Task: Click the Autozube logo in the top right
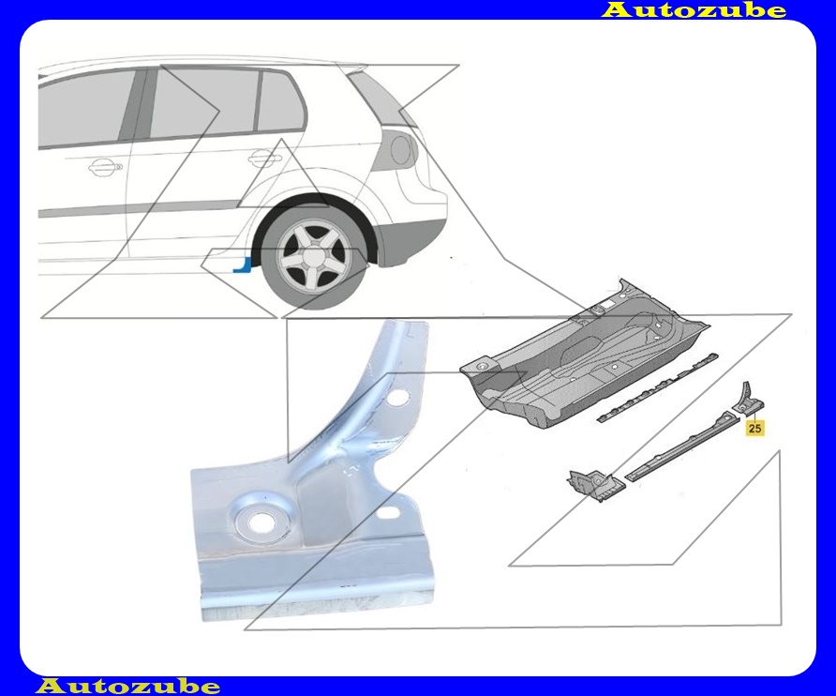point(694,9)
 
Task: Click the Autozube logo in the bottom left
point(128,686)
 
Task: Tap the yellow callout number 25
point(754,428)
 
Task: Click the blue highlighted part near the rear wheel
point(243,265)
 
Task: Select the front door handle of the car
point(105,167)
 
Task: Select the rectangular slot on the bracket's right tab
point(390,513)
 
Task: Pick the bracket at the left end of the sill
point(594,485)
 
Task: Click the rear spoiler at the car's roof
point(353,68)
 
